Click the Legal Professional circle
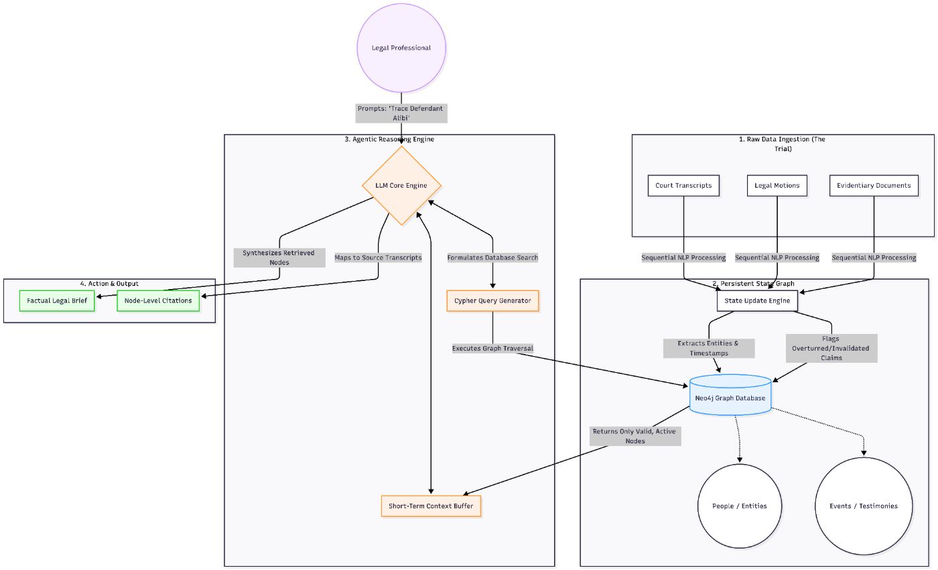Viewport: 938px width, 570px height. [x=401, y=48]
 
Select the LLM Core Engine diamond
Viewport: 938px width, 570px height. [x=401, y=186]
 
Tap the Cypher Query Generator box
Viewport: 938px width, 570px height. [x=492, y=301]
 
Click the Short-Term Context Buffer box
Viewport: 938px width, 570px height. [x=431, y=506]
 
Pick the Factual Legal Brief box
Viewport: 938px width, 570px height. [x=57, y=301]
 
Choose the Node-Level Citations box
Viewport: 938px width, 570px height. [x=158, y=301]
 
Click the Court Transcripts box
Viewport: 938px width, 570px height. [x=683, y=186]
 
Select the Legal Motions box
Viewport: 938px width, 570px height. [x=777, y=186]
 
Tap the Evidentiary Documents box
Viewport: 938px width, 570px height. [x=874, y=186]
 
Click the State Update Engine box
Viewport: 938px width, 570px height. [x=757, y=301]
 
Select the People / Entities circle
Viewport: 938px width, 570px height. [x=740, y=506]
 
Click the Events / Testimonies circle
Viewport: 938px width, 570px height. [x=863, y=506]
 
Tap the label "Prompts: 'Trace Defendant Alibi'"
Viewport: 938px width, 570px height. [x=401, y=113]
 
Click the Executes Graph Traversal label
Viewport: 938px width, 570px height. [x=492, y=349]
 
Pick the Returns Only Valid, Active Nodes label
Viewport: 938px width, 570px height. [x=635, y=436]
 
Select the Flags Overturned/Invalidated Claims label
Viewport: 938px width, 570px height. [x=831, y=349]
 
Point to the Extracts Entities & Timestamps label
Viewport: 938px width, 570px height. [x=709, y=348]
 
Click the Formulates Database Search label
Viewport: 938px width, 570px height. [x=492, y=258]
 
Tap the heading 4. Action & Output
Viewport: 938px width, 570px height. [x=109, y=284]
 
